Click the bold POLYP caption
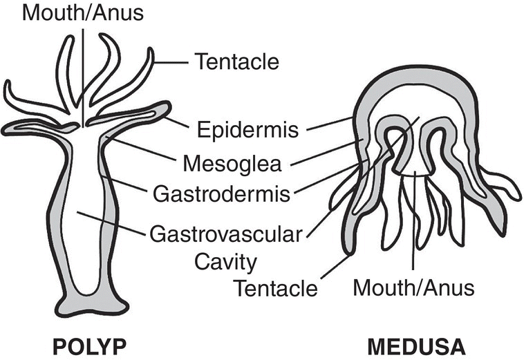coord(90,347)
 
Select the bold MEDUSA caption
coord(416,347)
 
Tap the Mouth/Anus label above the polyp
coord(83,13)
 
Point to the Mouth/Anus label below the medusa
coord(413,287)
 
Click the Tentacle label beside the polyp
coord(237,61)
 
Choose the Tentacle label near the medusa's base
coord(275,288)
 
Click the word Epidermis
coord(247,130)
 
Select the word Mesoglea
coord(232,164)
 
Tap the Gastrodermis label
coord(221,193)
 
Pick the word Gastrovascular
coord(225,234)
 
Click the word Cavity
coord(225,263)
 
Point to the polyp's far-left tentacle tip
coord(7,83)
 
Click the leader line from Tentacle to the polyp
coord(171,62)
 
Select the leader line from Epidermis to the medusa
coord(329,124)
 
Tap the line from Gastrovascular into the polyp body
coord(111,222)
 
